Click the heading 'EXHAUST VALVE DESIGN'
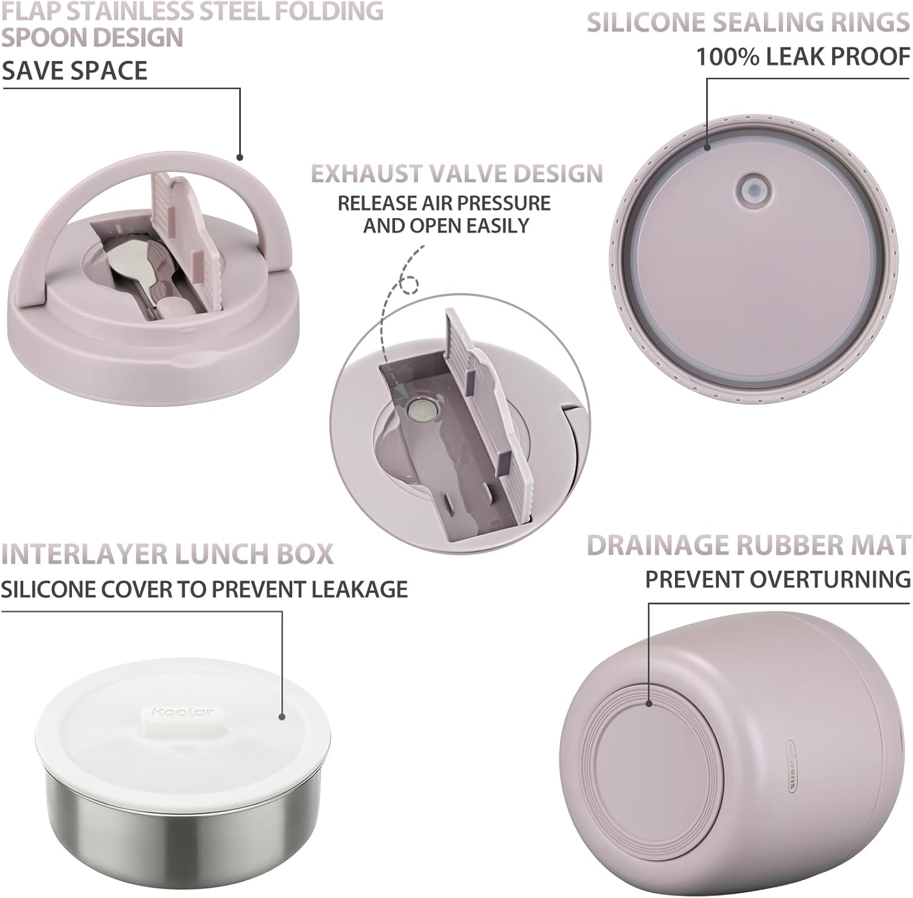pos(457,174)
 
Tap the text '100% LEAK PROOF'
pos(803,57)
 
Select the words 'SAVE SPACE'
pos(74,71)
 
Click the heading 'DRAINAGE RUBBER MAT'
pos(749,545)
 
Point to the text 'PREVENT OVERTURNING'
pos(778,579)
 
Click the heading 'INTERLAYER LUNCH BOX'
pos(167,554)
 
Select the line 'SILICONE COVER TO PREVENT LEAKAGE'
pos(204,589)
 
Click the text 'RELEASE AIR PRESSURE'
pos(444,203)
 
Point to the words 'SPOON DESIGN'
pos(93,38)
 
